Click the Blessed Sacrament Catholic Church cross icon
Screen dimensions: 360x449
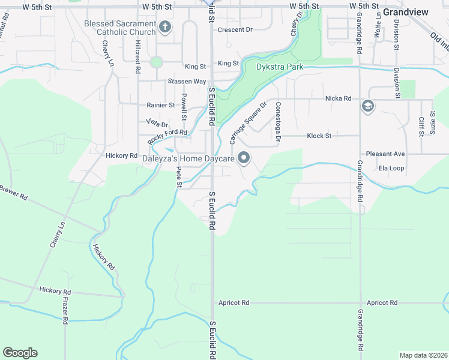pyautogui.click(x=166, y=27)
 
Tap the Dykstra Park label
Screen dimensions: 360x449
pyautogui.click(x=279, y=67)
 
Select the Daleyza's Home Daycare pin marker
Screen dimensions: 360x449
pyautogui.click(x=244, y=158)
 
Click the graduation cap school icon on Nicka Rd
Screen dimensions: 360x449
pyautogui.click(x=367, y=107)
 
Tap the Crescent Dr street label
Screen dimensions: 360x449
pyautogui.click(x=235, y=29)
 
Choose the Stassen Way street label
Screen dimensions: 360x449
pyautogui.click(x=187, y=81)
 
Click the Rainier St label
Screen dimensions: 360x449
pyautogui.click(x=160, y=105)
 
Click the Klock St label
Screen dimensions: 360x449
pyautogui.click(x=319, y=136)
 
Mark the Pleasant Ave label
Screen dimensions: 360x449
pyautogui.click(x=385, y=154)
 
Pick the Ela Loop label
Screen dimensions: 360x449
pyautogui.click(x=391, y=168)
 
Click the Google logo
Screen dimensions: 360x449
pyautogui.click(x=20, y=353)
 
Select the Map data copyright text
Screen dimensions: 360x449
pyautogui.click(x=423, y=355)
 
